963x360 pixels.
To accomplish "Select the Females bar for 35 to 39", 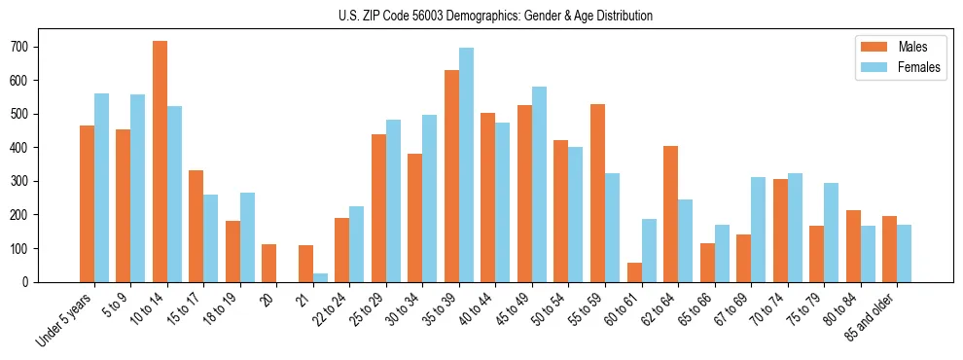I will click(x=466, y=164).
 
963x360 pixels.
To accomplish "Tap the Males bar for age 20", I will click(x=269, y=263).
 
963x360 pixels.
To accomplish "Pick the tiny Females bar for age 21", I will click(x=320, y=277).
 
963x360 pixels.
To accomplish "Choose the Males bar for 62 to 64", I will click(x=670, y=214).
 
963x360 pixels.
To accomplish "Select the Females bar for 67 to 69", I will click(x=758, y=230).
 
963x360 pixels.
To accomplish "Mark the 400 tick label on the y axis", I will click(x=28, y=148).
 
